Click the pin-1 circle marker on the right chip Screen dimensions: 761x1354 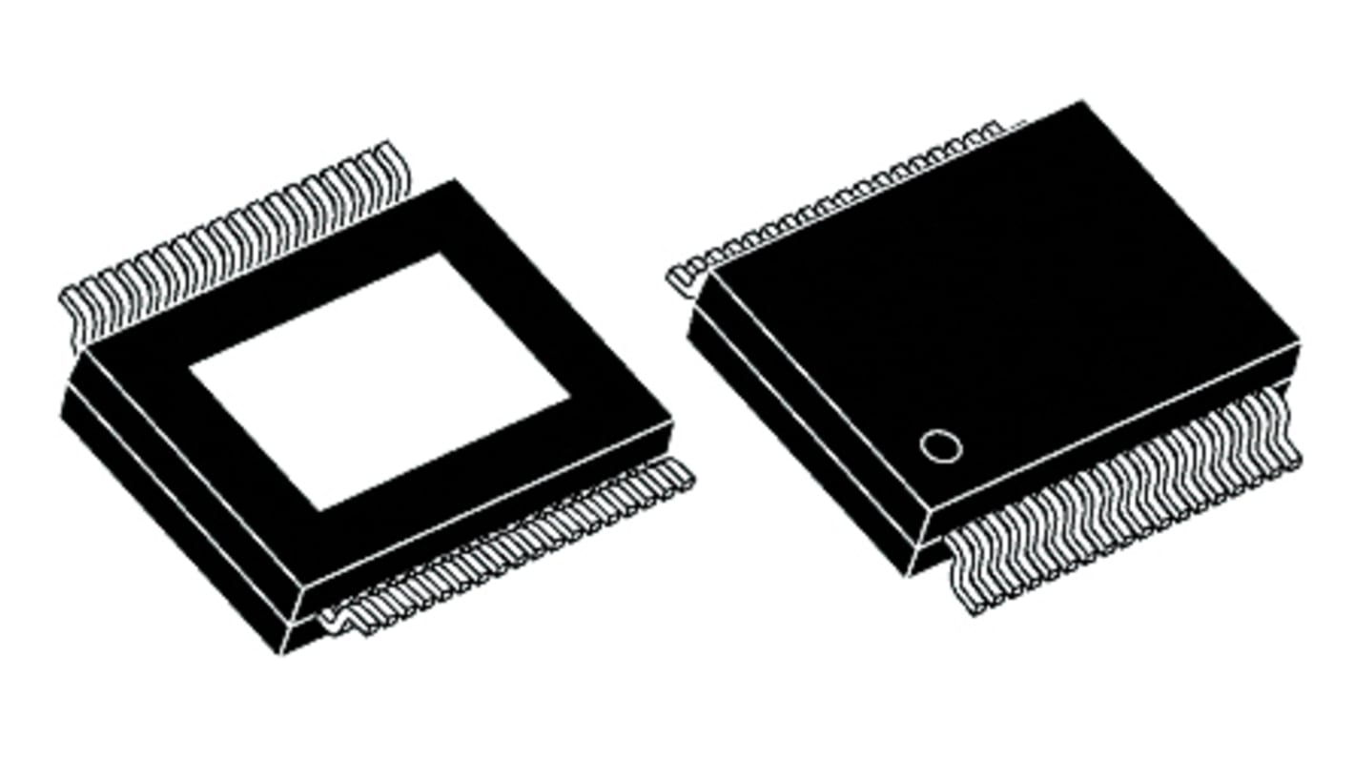940,446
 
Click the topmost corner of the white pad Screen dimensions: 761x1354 440,254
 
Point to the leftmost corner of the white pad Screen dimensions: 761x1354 190,367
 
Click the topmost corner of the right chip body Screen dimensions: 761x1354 1082,101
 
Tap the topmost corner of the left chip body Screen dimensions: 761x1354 455,180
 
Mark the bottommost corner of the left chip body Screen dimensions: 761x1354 286,654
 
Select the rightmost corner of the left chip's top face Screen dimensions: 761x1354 673,420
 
